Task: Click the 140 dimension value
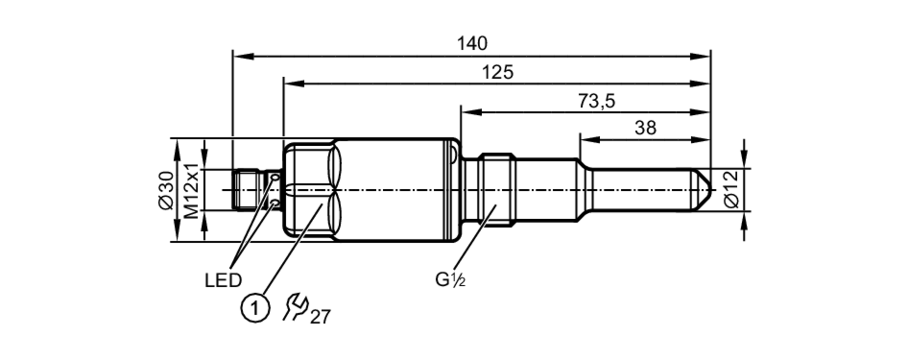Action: coord(472,44)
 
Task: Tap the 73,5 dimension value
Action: coord(596,101)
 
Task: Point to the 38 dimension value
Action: coord(645,128)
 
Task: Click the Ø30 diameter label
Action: coord(167,190)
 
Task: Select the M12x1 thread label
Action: coord(192,190)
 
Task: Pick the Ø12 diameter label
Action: coord(732,190)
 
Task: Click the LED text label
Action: coord(223,281)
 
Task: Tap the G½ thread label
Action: coord(450,280)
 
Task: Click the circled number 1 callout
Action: coord(255,309)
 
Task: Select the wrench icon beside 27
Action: coord(295,307)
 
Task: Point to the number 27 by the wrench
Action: coord(321,317)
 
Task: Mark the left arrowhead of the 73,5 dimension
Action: coord(470,112)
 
